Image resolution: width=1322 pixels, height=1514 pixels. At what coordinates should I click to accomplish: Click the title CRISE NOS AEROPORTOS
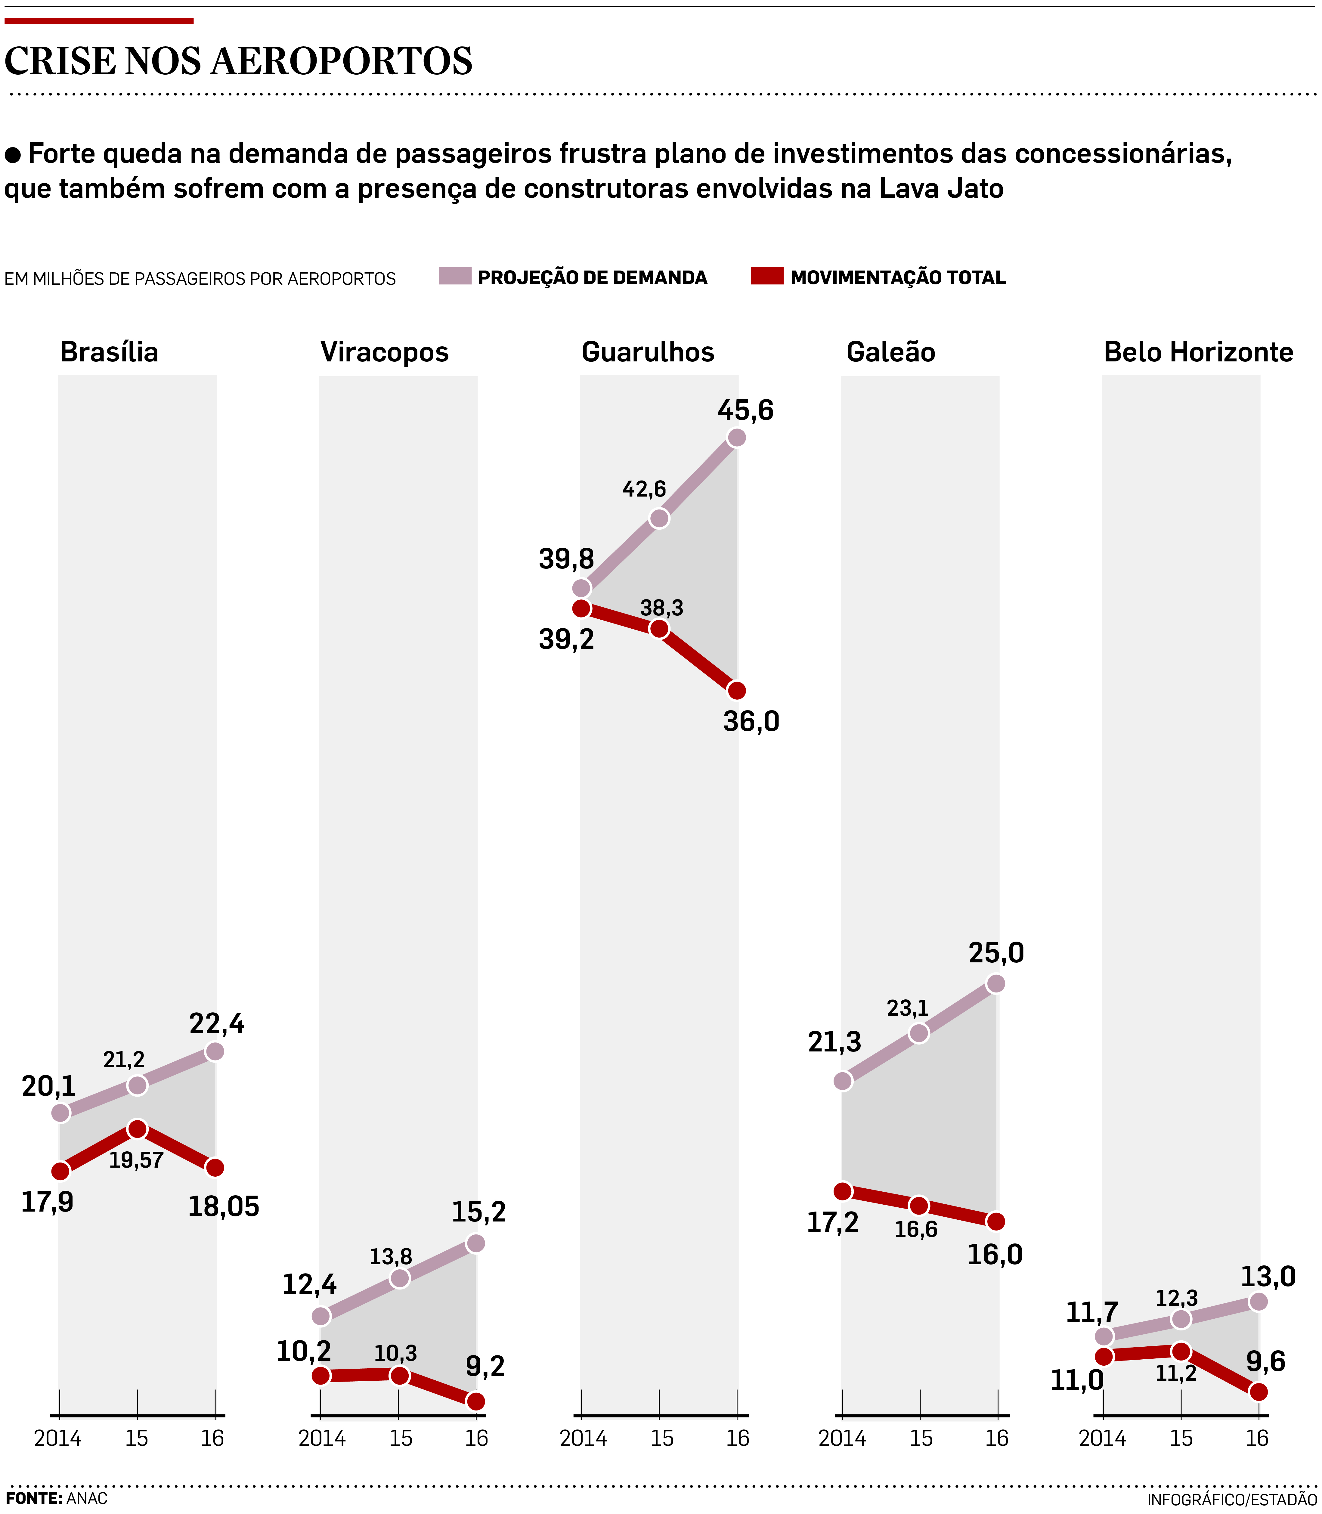238,61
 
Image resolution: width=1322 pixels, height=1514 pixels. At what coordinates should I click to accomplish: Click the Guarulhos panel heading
648,352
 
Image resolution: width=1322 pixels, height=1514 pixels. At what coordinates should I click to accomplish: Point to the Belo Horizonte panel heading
1198,352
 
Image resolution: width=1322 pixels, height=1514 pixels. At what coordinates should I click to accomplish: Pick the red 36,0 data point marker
736,691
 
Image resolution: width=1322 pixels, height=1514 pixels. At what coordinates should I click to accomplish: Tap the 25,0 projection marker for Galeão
995,983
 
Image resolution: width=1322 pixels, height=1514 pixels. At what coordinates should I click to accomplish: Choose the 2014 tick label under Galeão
843,1438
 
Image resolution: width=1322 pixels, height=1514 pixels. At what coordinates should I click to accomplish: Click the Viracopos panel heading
384,352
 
